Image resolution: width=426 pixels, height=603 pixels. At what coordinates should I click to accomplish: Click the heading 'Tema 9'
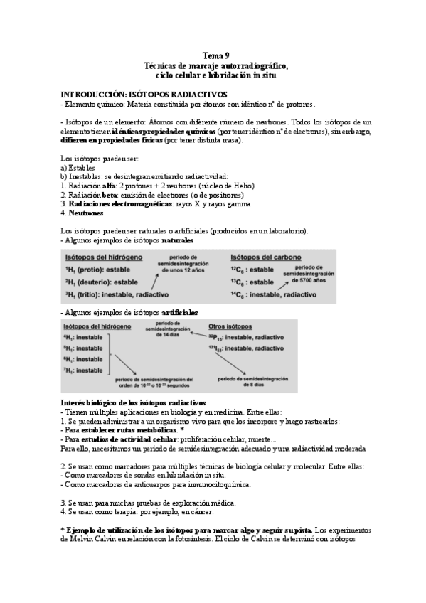tap(215, 55)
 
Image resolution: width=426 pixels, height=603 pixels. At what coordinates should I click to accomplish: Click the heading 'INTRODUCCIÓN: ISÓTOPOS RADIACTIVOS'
tap(144, 94)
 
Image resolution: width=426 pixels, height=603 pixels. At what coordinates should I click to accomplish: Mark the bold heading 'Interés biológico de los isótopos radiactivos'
tap(134, 402)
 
